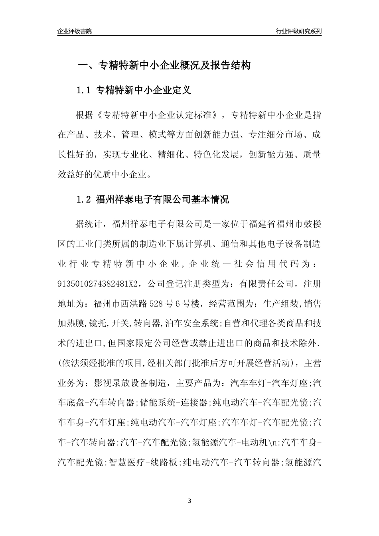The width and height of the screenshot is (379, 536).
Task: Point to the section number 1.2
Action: pyautogui.click(x=84, y=199)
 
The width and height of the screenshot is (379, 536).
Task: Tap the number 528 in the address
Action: pyautogui.click(x=157, y=303)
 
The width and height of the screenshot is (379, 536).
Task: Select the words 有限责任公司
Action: pyautogui.click(x=267, y=284)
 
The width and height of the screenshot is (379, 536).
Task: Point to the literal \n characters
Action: pyautogui.click(x=275, y=442)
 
